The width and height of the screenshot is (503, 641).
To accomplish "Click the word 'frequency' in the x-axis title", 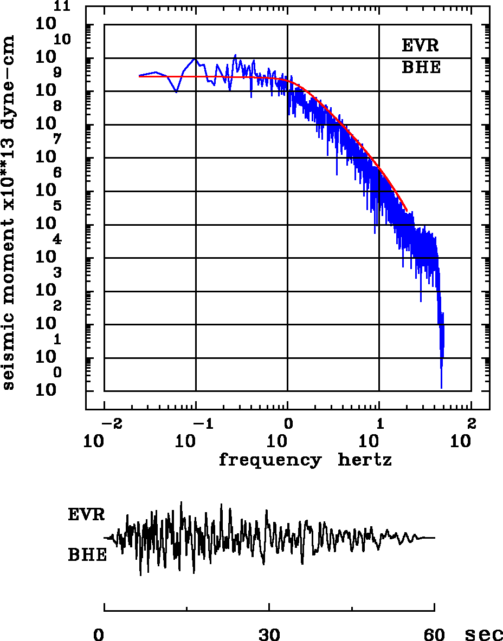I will click(269, 461).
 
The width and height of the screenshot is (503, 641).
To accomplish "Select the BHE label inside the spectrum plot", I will click(421, 68).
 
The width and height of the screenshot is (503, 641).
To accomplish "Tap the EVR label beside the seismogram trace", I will click(86, 514).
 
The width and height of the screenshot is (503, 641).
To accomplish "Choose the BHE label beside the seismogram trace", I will click(87, 555).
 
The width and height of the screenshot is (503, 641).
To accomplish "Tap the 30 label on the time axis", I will click(269, 635).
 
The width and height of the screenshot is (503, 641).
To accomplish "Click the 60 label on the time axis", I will click(435, 635).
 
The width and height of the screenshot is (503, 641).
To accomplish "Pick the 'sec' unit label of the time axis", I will click(484, 635).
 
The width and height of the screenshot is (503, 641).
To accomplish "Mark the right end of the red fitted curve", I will click(407, 210).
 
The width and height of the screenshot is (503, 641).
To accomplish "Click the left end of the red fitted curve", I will click(139, 76).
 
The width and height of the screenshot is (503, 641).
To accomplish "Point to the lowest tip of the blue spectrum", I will click(441, 388).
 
